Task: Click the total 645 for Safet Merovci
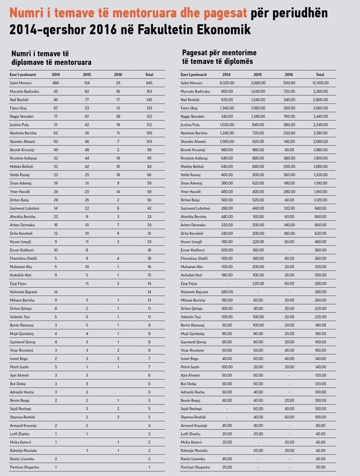[149, 83]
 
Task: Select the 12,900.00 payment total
[320, 83]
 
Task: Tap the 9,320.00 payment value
[227, 83]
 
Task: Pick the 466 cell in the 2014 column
[56, 83]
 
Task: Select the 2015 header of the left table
[87, 75]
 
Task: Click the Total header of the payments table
[320, 75]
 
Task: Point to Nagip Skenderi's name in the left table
[22, 117]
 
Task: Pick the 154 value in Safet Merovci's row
[87, 83]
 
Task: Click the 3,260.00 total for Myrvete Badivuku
[320, 92]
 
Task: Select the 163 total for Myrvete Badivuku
[149, 92]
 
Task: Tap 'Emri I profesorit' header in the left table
[23, 75]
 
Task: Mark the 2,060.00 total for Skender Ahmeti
[320, 142]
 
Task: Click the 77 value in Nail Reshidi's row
[87, 100]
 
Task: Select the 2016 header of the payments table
[289, 75]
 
